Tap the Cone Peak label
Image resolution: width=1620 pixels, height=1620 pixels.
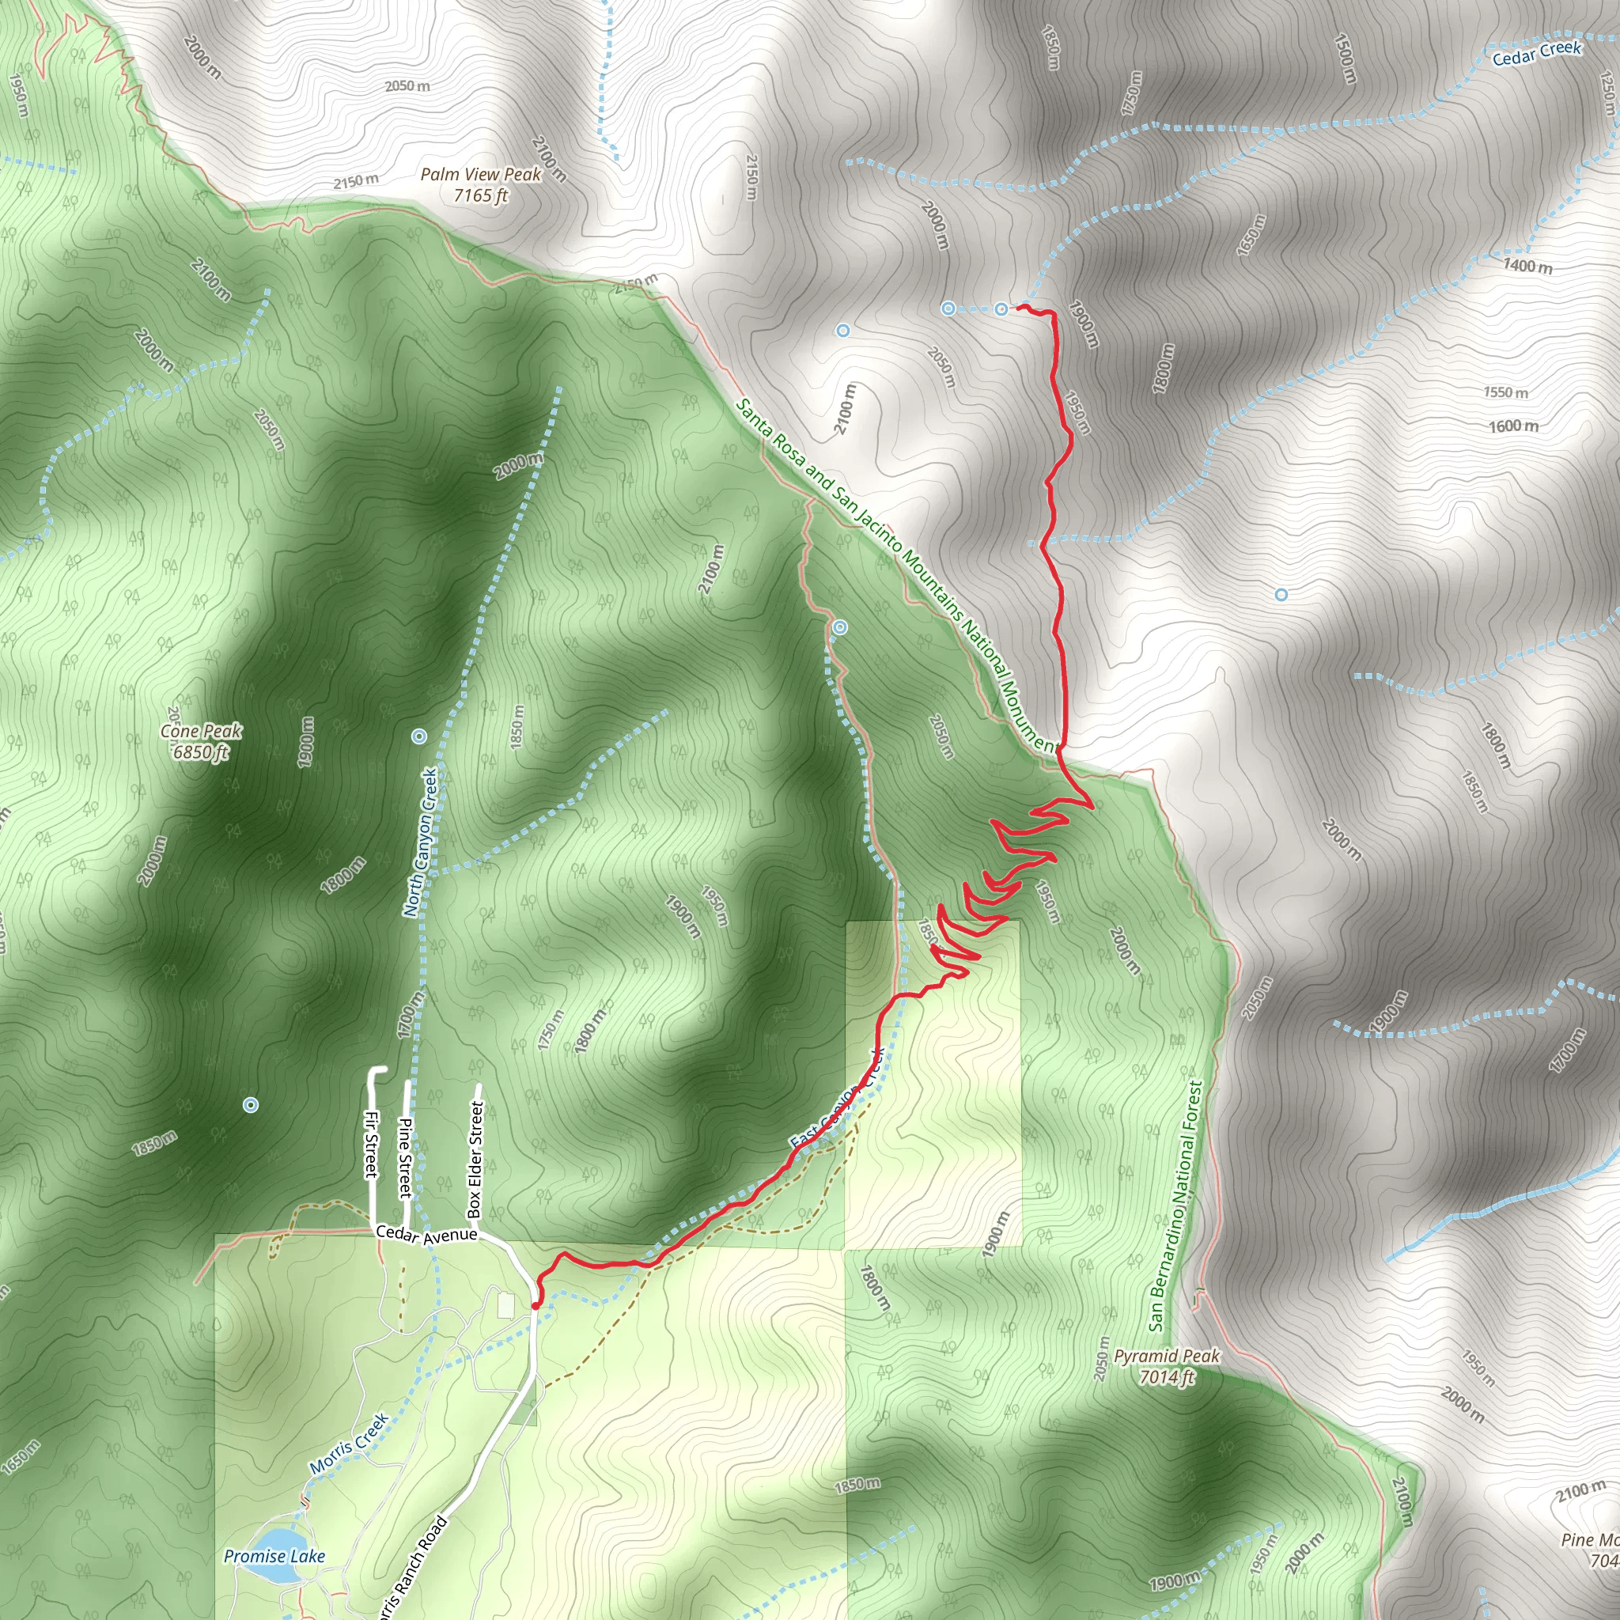coord(201,731)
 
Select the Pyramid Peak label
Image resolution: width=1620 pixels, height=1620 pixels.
coord(1167,1356)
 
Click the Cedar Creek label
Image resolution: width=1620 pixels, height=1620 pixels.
coord(1536,53)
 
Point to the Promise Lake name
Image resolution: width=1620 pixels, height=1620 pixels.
coord(274,1556)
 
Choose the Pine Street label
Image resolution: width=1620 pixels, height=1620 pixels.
coord(405,1157)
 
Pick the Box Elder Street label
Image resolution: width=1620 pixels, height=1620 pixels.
coord(475,1159)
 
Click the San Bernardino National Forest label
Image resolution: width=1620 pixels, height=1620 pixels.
coord(1175,1205)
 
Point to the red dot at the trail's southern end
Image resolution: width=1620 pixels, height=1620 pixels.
coord(536,1305)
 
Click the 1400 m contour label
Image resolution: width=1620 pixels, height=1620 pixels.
coord(1527,266)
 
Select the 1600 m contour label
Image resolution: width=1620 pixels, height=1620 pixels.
coord(1513,426)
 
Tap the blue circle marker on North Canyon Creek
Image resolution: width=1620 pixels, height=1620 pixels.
coord(419,736)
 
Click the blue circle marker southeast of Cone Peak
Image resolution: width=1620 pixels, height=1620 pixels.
coord(250,1105)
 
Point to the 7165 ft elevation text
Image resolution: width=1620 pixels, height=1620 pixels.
coord(480,195)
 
